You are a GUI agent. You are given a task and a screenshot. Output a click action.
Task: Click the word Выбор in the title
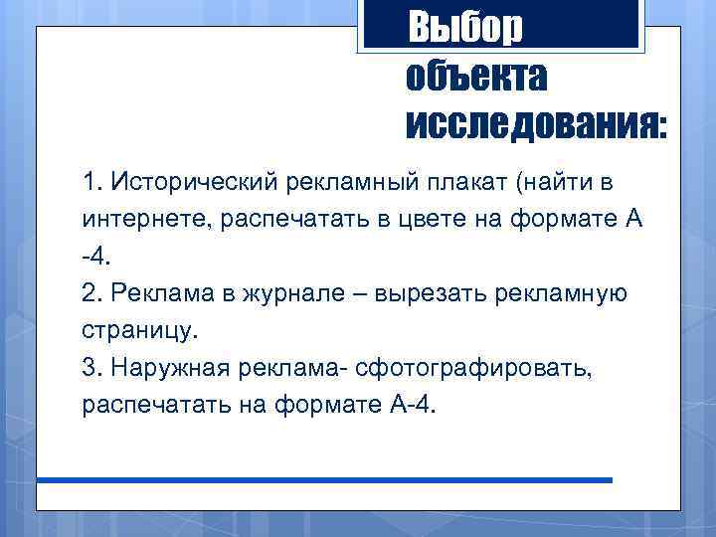[x=464, y=27]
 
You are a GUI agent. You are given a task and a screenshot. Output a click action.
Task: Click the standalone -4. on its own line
[x=99, y=257]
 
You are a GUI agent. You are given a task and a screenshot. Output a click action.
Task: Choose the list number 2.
[x=93, y=293]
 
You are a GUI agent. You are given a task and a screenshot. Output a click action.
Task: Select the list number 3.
[x=93, y=367]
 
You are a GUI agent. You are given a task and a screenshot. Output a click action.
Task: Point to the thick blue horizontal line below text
[x=324, y=480]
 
